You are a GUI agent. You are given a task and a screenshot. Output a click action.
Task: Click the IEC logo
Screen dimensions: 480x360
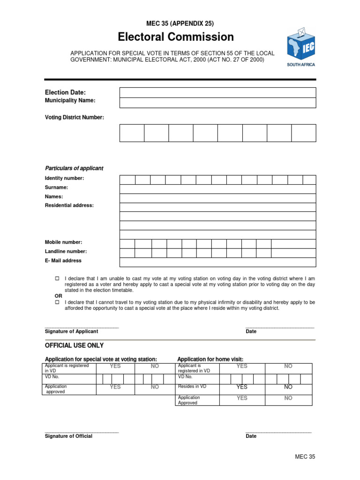301,47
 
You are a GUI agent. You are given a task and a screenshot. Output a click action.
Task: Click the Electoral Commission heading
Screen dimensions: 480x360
176,37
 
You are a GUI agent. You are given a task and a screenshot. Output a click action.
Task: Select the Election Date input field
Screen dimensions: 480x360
217,92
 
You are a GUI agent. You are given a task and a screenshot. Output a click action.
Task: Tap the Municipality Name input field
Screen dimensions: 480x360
217,103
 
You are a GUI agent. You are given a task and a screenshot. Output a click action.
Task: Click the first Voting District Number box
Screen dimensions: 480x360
132,133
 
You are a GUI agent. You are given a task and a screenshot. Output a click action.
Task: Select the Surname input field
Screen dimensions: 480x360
217,189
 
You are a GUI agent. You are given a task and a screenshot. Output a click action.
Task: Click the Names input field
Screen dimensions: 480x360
217,198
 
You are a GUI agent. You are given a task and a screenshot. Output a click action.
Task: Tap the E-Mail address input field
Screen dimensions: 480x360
217,262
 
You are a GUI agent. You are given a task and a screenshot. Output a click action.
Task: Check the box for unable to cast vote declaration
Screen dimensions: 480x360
57,278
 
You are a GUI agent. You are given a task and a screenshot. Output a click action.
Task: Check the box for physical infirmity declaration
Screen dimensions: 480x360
57,302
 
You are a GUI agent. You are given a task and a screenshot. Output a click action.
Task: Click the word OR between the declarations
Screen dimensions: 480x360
59,296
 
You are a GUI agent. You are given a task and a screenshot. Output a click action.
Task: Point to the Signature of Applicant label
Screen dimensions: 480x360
71,331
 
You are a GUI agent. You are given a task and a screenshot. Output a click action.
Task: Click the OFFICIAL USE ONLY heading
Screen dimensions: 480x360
74,345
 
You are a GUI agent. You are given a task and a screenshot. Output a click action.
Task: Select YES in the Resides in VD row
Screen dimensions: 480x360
242,387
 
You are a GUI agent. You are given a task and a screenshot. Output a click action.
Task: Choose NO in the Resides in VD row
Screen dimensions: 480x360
288,387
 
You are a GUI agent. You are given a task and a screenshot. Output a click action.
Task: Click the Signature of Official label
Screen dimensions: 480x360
68,436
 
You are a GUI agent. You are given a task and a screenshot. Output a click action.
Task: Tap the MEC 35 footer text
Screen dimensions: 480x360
305,457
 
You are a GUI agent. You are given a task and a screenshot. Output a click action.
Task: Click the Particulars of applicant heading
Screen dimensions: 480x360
74,168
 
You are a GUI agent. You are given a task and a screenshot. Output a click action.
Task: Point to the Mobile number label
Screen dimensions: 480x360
63,242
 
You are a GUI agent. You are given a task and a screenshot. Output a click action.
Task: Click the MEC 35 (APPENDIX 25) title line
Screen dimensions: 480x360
180,23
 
